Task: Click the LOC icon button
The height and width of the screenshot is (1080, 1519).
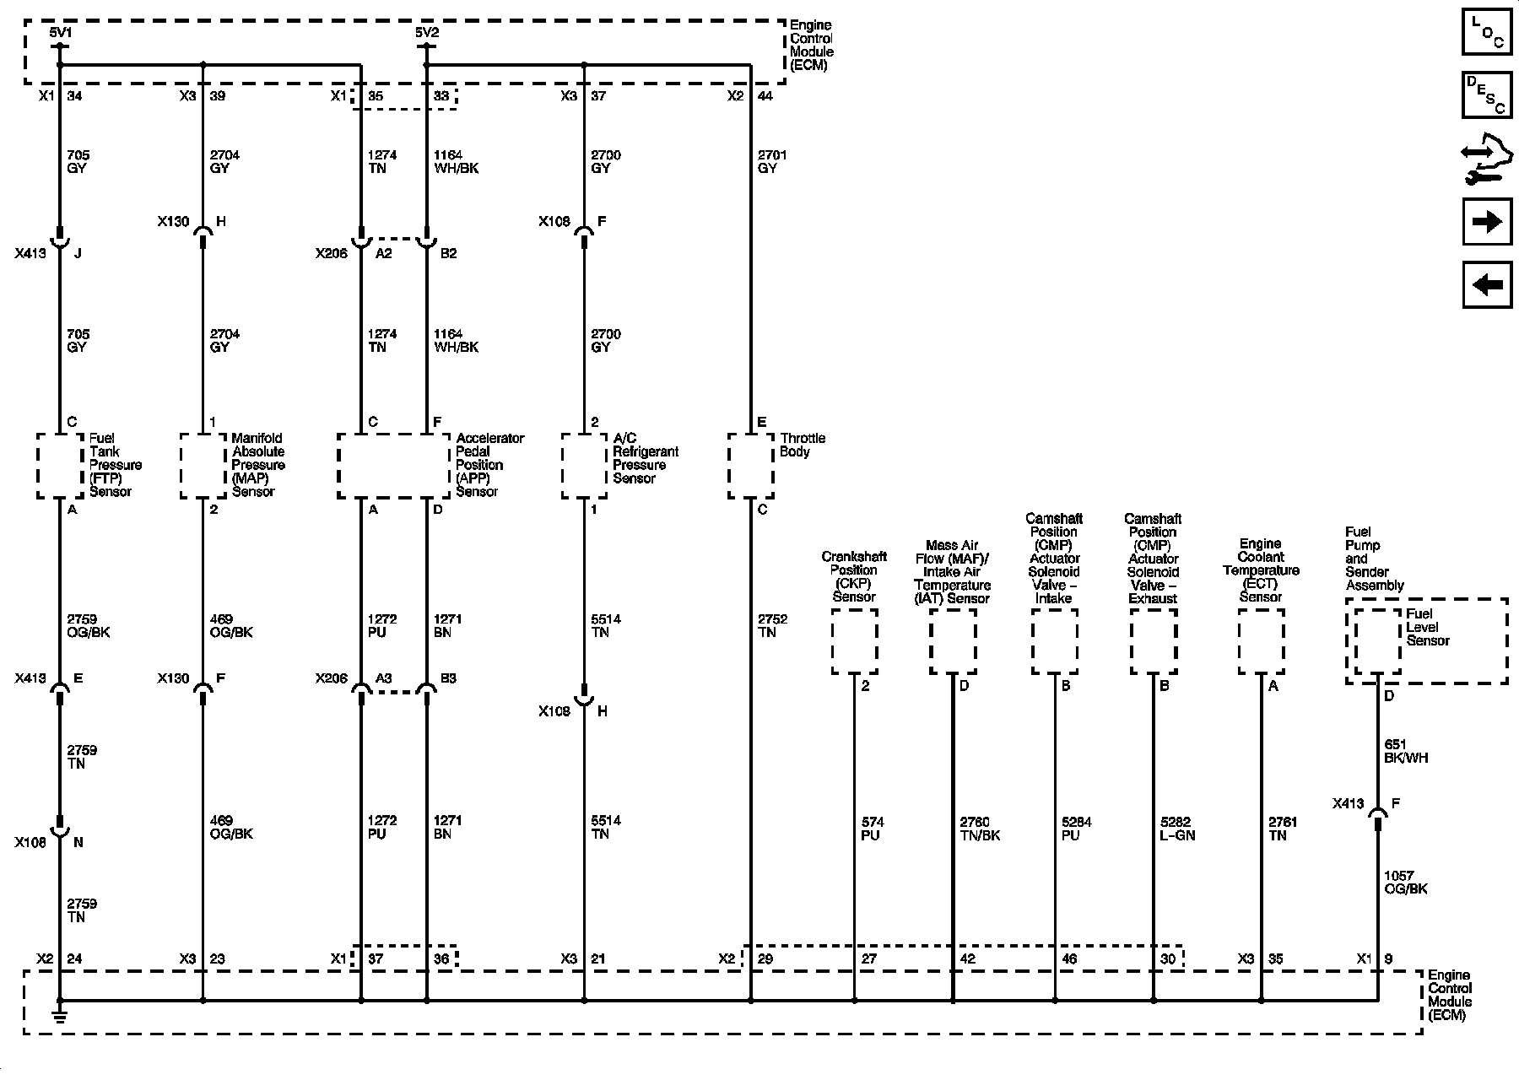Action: click(1487, 31)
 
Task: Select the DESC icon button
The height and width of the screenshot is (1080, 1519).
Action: click(1487, 94)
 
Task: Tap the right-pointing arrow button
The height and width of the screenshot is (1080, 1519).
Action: click(1487, 222)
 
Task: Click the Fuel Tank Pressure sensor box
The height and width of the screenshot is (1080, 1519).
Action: click(60, 466)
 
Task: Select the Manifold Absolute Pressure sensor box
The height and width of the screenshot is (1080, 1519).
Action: click(203, 466)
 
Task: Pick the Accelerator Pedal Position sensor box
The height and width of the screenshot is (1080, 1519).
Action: click(393, 466)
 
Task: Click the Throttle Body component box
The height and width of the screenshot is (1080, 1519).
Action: click(750, 466)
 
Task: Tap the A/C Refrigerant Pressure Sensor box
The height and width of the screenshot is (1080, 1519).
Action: click(584, 466)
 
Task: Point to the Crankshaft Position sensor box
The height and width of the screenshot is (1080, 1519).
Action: click(854, 642)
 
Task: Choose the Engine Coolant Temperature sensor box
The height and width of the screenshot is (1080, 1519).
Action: click(1261, 642)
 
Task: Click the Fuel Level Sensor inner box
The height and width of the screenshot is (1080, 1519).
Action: click(1377, 642)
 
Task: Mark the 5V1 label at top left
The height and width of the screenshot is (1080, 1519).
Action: click(61, 32)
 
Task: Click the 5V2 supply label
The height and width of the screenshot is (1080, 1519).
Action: click(426, 32)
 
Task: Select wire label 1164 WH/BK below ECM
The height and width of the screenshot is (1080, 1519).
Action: click(456, 162)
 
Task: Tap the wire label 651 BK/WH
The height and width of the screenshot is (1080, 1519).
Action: click(1405, 751)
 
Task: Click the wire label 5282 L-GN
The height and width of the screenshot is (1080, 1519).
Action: click(1178, 829)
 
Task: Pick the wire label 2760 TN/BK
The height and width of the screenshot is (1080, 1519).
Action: click(980, 829)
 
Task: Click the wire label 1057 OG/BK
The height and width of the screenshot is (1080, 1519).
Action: click(1405, 883)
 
